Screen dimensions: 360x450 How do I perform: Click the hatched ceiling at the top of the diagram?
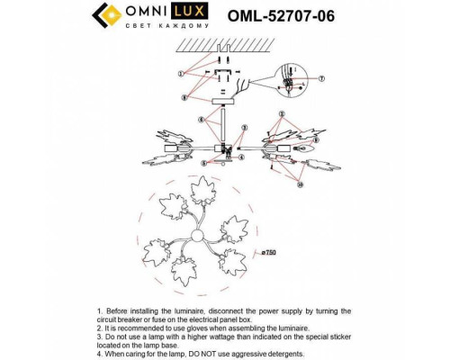coord(219,42)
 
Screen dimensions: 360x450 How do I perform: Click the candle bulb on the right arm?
coord(288,147)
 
